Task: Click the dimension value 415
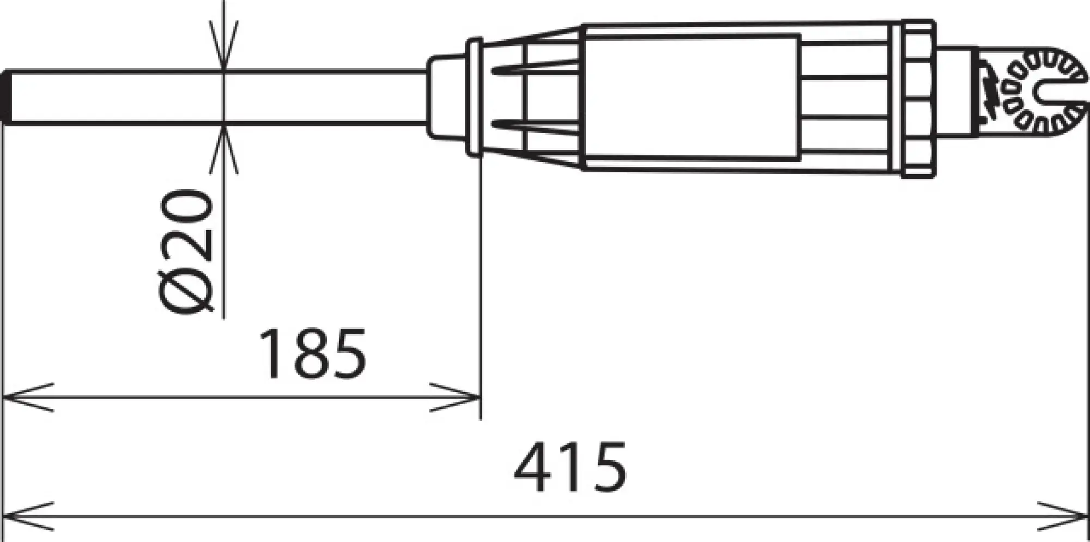point(570,467)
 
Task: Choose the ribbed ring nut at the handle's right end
point(917,98)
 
